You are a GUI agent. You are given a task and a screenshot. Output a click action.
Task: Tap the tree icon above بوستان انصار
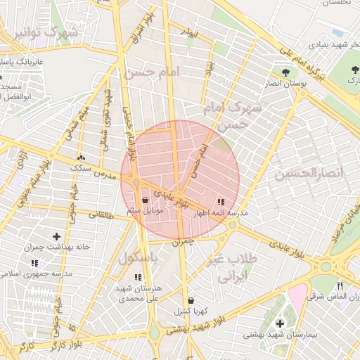(285, 72)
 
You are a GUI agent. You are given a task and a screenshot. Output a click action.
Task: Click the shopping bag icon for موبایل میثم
(145, 200)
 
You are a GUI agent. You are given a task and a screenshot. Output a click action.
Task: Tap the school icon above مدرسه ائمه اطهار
(221, 201)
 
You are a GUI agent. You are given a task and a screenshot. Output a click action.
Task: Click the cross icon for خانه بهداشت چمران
(56, 236)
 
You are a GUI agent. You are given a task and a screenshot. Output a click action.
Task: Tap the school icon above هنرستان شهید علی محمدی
(138, 277)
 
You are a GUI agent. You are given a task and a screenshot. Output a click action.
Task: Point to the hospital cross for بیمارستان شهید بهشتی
(280, 323)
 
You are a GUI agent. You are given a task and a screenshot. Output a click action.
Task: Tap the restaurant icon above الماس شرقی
(340, 285)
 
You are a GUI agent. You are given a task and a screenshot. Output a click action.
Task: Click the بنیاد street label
(209, 67)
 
